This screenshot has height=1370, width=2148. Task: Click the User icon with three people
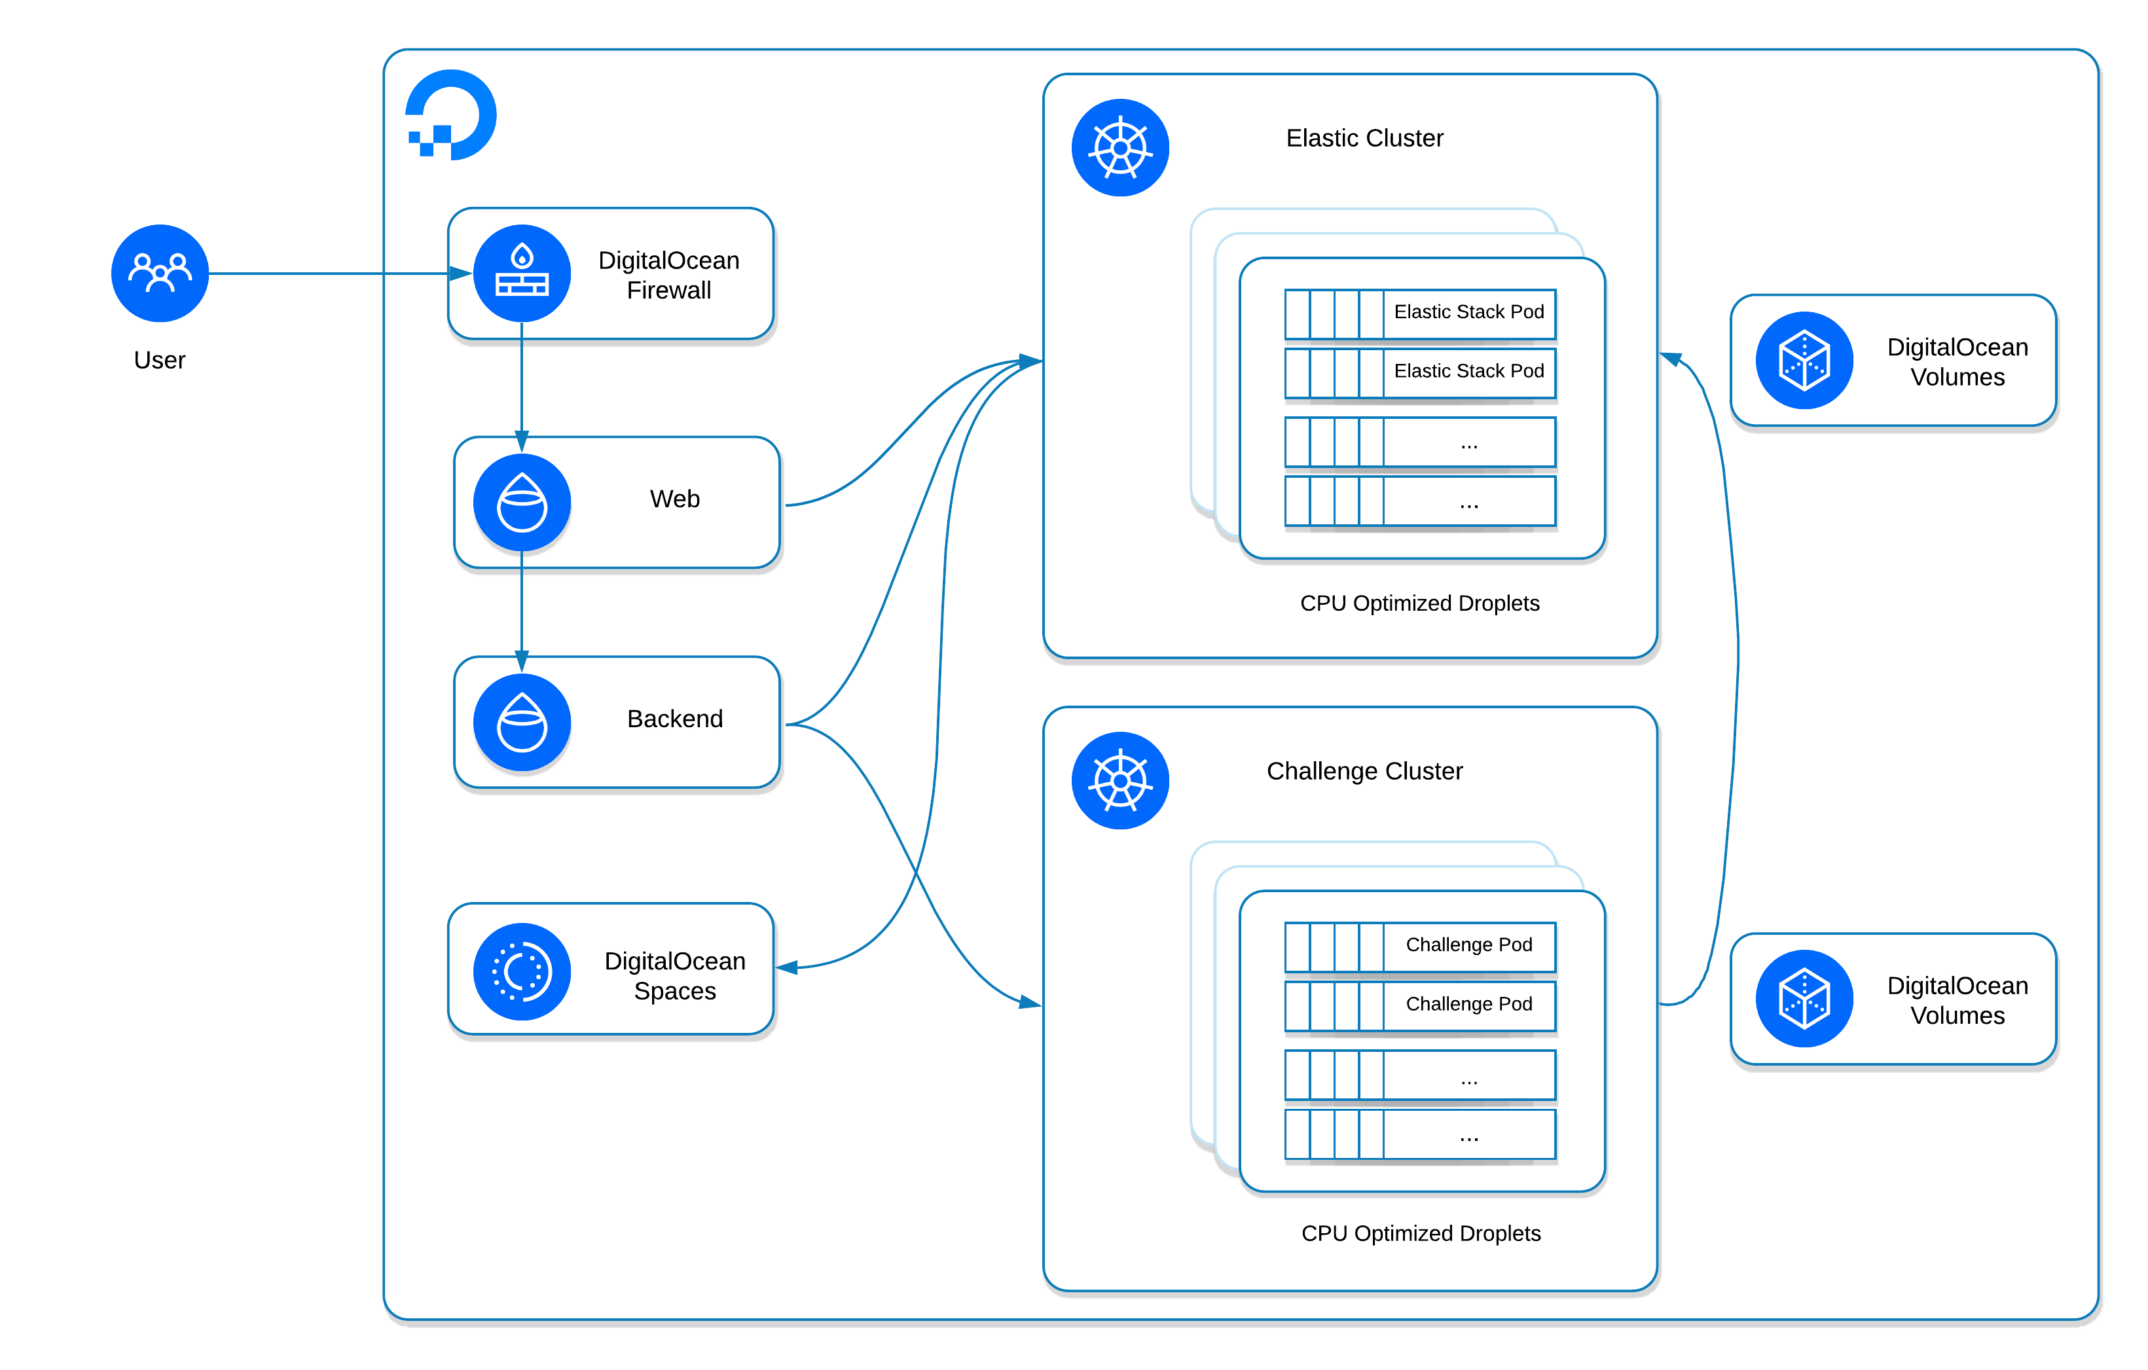tap(160, 273)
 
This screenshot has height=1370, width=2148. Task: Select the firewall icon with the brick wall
tap(522, 273)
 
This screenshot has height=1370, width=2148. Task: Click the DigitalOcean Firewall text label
tap(668, 275)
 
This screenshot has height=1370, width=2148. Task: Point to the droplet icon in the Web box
tap(522, 502)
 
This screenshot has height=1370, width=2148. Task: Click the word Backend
tap(674, 719)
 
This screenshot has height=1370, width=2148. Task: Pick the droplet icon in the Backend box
tap(522, 723)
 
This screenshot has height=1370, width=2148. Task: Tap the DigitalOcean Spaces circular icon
tap(522, 971)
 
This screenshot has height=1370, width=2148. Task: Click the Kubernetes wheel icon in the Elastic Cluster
tap(1120, 148)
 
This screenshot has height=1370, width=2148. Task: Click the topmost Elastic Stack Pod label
tap(1468, 312)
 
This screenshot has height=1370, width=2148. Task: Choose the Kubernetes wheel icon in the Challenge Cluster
tap(1120, 780)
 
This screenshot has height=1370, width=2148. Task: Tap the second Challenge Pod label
tap(1468, 1004)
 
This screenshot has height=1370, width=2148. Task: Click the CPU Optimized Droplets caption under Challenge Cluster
tap(1420, 1234)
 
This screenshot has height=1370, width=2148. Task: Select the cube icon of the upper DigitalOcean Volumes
tap(1804, 361)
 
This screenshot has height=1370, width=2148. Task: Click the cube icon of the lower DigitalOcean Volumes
tap(1804, 998)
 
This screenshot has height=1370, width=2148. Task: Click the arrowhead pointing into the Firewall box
tap(460, 273)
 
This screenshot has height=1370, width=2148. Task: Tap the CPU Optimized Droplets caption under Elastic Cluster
tap(1419, 604)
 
